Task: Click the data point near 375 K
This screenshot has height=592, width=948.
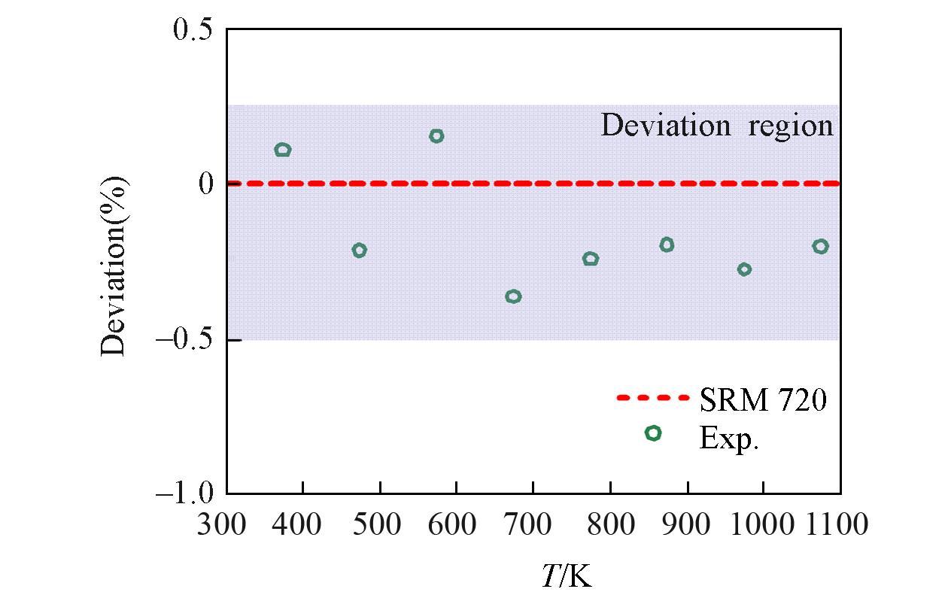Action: [283, 150]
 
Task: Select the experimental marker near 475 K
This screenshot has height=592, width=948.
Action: [359, 250]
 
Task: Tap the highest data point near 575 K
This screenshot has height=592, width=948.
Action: [436, 136]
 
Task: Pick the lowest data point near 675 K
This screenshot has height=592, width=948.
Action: [513, 296]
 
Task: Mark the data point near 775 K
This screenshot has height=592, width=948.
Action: [591, 259]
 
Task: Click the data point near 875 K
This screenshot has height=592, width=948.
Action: [667, 244]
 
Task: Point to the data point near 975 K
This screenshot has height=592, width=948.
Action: [744, 269]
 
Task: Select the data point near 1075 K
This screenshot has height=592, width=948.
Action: [820, 246]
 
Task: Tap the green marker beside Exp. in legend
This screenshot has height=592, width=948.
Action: [653, 433]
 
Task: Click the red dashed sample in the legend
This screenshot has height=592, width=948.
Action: [652, 397]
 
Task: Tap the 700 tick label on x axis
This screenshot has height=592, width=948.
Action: [532, 524]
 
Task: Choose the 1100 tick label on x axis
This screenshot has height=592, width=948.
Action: [840, 524]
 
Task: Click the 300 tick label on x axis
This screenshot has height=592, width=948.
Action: [223, 524]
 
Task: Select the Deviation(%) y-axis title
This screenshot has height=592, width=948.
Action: [115, 266]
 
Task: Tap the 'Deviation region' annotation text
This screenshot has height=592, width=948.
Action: [717, 126]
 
